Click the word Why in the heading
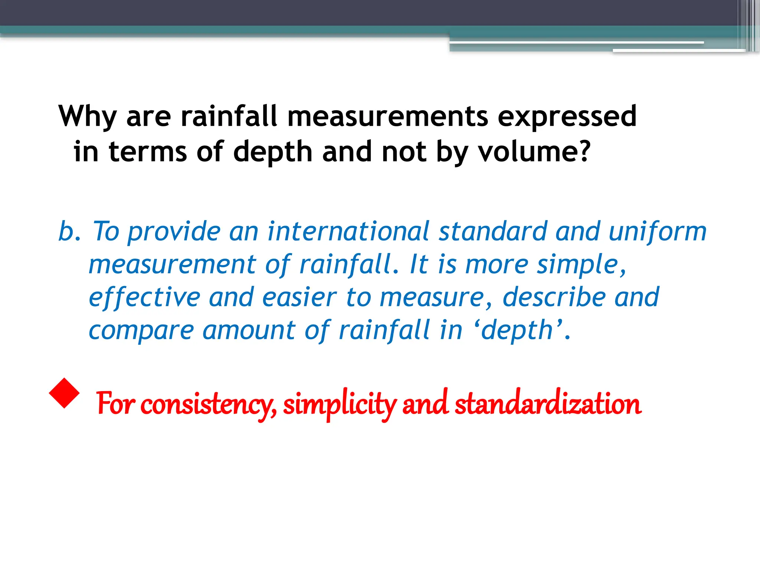[x=88, y=117]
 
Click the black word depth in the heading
[x=273, y=153]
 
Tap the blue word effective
[x=145, y=298]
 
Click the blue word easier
[x=299, y=298]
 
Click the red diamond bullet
[x=64, y=393]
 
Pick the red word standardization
[x=548, y=404]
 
